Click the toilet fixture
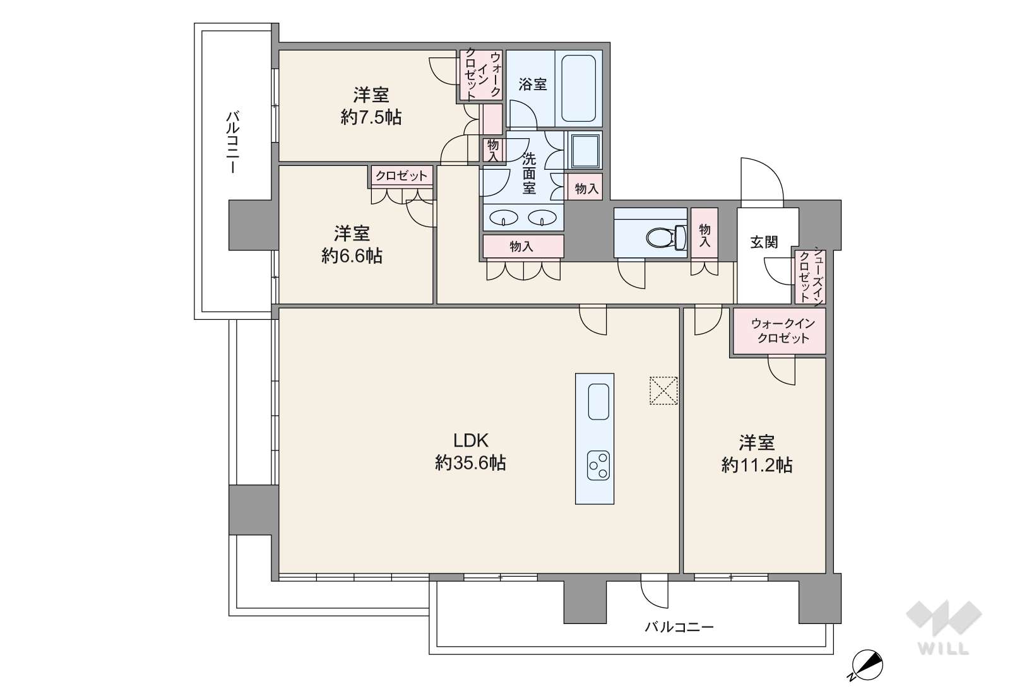click(666, 238)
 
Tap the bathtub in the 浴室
click(578, 88)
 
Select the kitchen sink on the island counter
click(598, 401)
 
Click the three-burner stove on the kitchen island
click(598, 466)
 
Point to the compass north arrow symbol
click(867, 666)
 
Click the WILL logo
click(944, 627)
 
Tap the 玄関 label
click(764, 242)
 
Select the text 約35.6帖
click(470, 463)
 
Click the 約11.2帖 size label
click(757, 465)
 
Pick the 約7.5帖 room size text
click(371, 117)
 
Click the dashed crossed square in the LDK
click(663, 391)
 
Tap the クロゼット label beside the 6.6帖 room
click(401, 175)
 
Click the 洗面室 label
click(529, 173)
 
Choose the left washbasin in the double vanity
click(504, 217)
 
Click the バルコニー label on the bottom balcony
click(679, 627)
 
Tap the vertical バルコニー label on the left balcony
click(233, 142)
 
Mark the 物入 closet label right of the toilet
click(704, 235)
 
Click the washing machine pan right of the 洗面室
click(585, 151)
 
